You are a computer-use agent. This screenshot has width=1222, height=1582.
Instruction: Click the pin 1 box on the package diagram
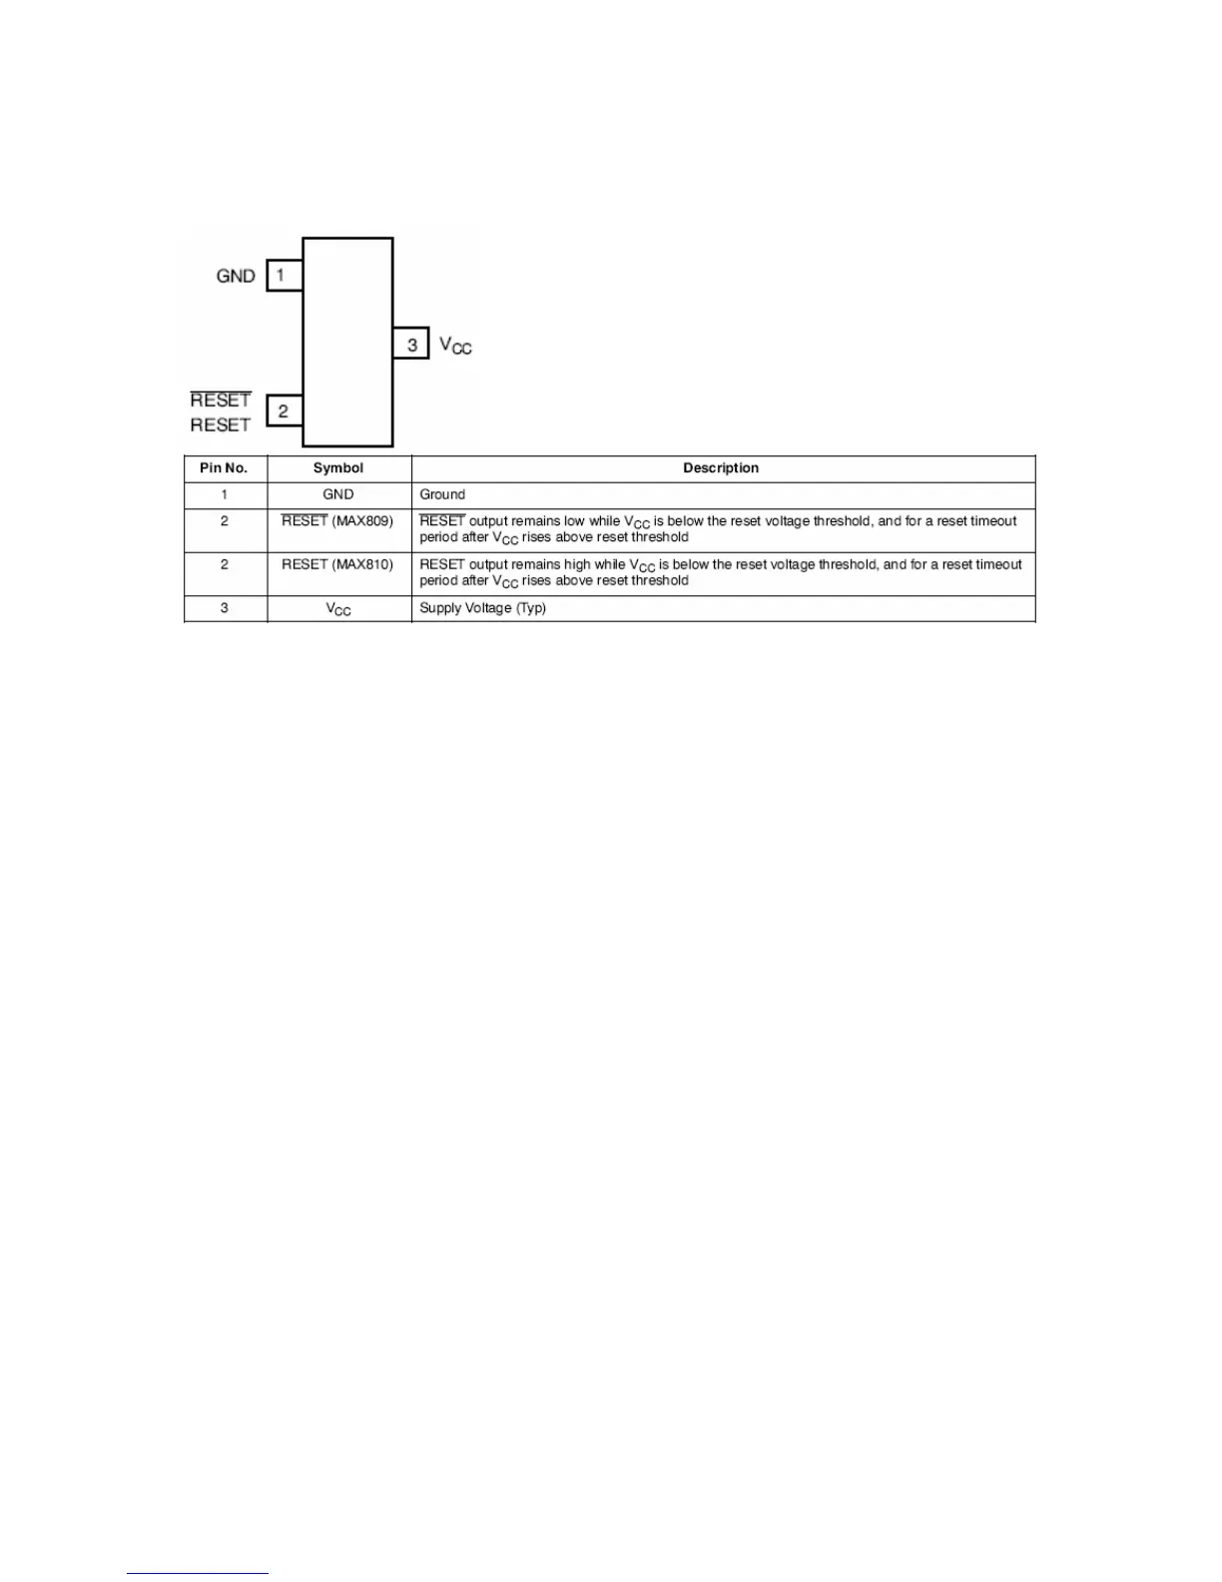pyautogui.click(x=284, y=275)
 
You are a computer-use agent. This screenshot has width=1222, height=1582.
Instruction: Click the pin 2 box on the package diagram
pyautogui.click(x=285, y=410)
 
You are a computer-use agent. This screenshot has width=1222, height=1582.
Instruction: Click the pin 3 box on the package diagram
pyautogui.click(x=410, y=344)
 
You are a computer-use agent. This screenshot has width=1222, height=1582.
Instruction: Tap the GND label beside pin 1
pyautogui.click(x=236, y=276)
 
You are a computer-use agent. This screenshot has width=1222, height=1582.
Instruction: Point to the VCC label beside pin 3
pyautogui.click(x=455, y=346)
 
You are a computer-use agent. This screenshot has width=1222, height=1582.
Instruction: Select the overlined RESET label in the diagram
pyautogui.click(x=221, y=399)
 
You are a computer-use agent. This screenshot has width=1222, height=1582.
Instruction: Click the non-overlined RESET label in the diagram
pyautogui.click(x=221, y=424)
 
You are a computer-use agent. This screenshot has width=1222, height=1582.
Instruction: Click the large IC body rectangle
pyautogui.click(x=347, y=342)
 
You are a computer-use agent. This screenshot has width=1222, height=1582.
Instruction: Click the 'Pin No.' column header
pyautogui.click(x=224, y=468)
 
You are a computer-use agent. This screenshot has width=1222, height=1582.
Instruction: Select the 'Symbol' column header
pyautogui.click(x=338, y=468)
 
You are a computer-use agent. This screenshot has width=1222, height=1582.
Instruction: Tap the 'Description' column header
pyautogui.click(x=721, y=468)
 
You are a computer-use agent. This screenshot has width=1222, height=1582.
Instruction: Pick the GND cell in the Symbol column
pyautogui.click(x=338, y=494)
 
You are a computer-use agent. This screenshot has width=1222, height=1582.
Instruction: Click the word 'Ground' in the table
pyautogui.click(x=442, y=494)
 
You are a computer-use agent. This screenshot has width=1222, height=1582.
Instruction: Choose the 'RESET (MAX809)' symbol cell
pyautogui.click(x=337, y=521)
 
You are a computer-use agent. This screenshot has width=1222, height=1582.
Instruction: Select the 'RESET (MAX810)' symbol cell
pyautogui.click(x=337, y=564)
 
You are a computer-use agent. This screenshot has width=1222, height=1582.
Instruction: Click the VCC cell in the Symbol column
pyautogui.click(x=338, y=608)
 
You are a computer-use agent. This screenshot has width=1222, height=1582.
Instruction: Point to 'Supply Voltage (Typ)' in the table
pyautogui.click(x=482, y=608)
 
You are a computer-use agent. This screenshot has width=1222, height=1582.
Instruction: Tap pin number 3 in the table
pyautogui.click(x=225, y=608)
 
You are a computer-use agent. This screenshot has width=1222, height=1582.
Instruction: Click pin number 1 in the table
pyautogui.click(x=225, y=494)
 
